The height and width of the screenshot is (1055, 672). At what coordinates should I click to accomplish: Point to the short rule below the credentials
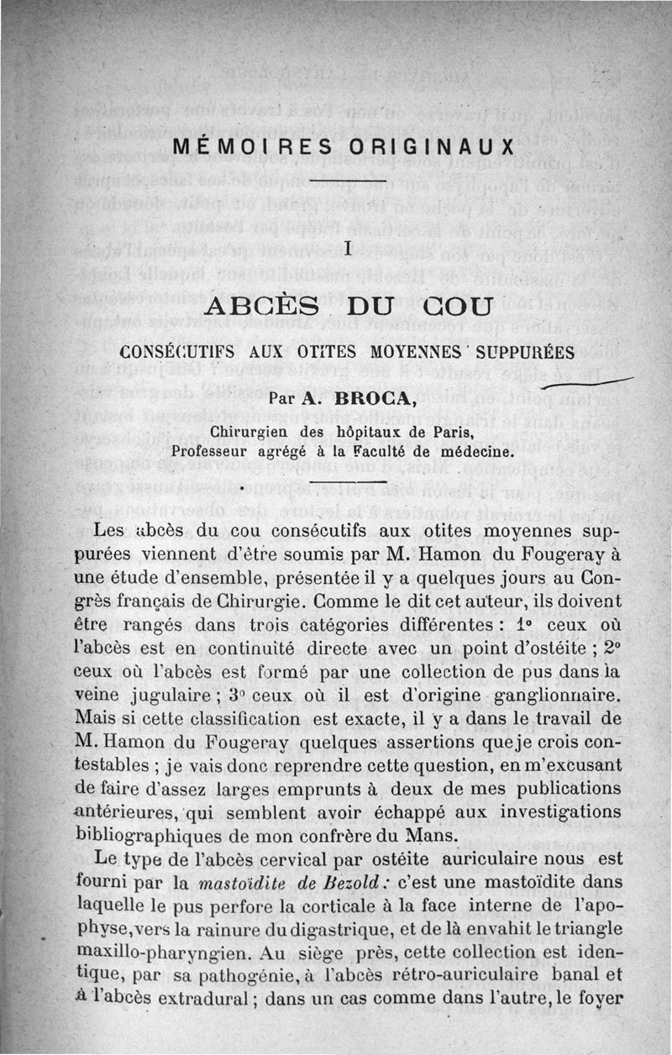pyautogui.click(x=347, y=482)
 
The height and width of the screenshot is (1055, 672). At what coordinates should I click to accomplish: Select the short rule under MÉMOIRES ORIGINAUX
pyautogui.click(x=347, y=180)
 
